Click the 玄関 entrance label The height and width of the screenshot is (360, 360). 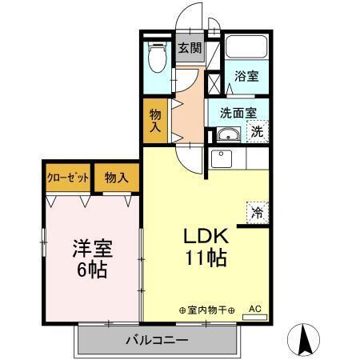(x=189, y=47)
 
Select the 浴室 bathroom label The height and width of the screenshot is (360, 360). (x=246, y=77)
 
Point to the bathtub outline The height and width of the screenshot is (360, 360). (x=246, y=46)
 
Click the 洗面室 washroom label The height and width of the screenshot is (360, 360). (x=236, y=113)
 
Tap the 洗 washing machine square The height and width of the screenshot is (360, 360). (x=258, y=132)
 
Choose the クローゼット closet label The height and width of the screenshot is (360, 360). (x=67, y=178)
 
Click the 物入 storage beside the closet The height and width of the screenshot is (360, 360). (x=117, y=178)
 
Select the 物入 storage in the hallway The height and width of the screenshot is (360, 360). (x=155, y=120)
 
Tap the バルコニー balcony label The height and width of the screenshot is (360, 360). (x=156, y=340)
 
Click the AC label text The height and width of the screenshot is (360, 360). (x=254, y=307)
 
